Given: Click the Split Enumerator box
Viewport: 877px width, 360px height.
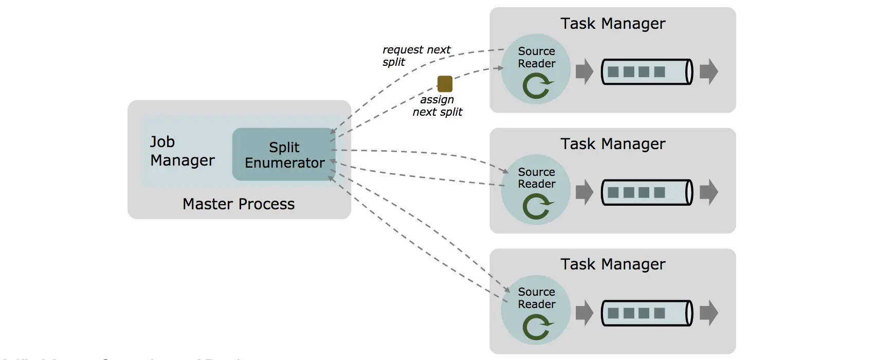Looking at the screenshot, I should [284, 154].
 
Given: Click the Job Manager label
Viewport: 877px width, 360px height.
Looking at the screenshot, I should [182, 151].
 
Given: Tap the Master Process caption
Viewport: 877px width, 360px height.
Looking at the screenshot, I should [239, 204].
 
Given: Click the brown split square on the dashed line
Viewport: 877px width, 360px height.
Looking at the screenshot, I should [445, 84].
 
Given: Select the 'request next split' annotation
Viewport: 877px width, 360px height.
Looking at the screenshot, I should [416, 56].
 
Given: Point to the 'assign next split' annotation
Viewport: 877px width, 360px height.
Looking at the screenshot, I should [437, 106].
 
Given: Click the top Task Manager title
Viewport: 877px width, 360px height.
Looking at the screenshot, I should [613, 24].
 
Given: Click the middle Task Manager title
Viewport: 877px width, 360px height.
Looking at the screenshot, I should [613, 144].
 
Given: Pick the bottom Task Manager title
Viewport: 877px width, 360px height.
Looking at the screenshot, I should [613, 264].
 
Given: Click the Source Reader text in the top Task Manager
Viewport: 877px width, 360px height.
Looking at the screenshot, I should [537, 57].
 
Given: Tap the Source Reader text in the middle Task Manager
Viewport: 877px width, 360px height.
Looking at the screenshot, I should [537, 178].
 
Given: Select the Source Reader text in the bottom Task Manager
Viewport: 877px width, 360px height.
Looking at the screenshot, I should [537, 298].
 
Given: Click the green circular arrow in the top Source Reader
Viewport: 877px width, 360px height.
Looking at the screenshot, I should [537, 86].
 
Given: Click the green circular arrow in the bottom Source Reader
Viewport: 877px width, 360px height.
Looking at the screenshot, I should [537, 327].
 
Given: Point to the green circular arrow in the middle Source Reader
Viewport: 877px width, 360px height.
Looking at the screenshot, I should [537, 207].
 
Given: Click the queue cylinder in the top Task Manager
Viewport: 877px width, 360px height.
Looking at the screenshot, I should [647, 72].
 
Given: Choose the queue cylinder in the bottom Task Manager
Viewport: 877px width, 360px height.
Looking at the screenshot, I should [647, 313].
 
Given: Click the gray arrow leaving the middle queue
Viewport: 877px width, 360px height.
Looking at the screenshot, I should [709, 192].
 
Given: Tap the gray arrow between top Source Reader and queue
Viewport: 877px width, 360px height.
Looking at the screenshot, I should [584, 71].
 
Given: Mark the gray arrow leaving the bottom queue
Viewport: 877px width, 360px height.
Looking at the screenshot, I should [709, 313].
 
